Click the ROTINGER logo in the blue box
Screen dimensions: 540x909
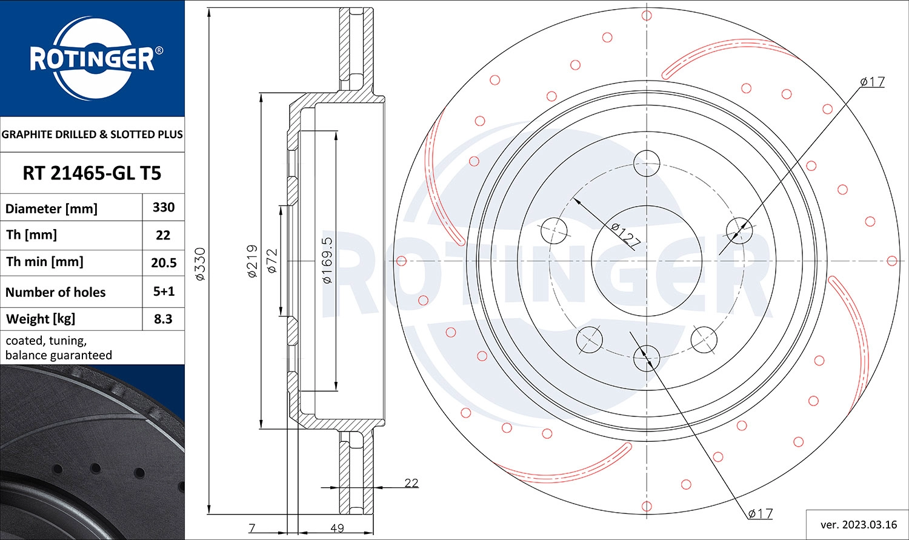(x=92, y=59)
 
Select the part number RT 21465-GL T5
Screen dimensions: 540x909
(x=92, y=173)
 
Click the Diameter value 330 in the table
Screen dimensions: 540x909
(x=164, y=207)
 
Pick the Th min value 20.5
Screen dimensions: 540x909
(x=164, y=262)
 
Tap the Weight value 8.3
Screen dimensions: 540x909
(x=163, y=319)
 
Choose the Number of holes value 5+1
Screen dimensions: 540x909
(x=164, y=292)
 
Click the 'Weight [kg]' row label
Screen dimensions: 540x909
(x=41, y=319)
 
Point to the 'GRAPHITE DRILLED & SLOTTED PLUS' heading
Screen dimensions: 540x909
(x=92, y=135)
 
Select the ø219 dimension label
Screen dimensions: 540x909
(x=253, y=261)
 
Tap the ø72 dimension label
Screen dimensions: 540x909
(x=272, y=261)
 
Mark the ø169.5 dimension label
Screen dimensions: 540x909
(x=327, y=261)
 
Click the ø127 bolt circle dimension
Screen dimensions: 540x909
(x=625, y=235)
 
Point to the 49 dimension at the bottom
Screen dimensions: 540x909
(x=337, y=528)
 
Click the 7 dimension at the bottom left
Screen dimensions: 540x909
(x=252, y=528)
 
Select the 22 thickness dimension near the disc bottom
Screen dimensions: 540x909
(x=411, y=483)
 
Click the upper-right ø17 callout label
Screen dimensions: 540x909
(x=872, y=82)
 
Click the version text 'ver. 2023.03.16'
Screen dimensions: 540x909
(x=858, y=524)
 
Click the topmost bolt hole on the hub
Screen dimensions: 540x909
(x=647, y=162)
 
